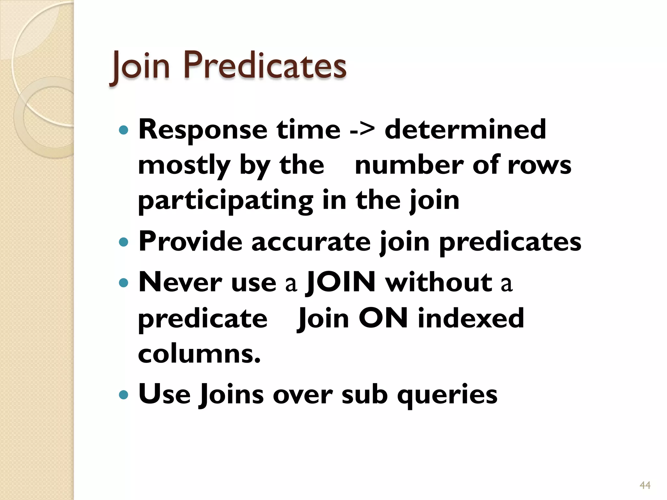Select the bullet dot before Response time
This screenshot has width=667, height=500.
coord(124,131)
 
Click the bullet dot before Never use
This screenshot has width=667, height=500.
coord(124,282)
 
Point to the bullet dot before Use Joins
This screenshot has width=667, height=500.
coord(124,395)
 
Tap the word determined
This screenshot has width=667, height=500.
coord(465,130)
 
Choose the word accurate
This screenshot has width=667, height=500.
coord(311,242)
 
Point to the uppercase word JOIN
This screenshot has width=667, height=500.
coord(341,282)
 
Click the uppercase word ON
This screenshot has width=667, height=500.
coord(383,318)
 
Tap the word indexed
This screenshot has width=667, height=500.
coord(471,318)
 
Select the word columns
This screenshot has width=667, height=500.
coord(199,354)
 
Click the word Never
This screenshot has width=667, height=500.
coord(180,282)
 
